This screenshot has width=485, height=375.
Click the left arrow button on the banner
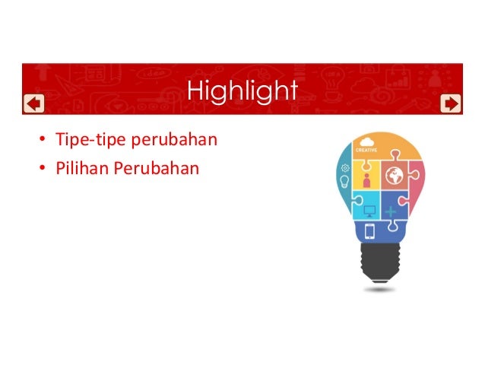click(x=33, y=103)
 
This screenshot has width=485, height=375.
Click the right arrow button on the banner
click(x=451, y=103)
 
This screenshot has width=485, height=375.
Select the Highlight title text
click(x=242, y=91)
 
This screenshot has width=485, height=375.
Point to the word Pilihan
click(x=81, y=166)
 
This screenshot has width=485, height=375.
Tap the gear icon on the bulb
click(x=346, y=167)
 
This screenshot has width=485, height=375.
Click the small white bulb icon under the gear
click(x=346, y=182)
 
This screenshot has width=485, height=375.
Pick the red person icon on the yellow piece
click(x=367, y=180)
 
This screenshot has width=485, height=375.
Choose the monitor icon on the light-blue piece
click(x=370, y=209)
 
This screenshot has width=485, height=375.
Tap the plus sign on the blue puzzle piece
click(x=391, y=208)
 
